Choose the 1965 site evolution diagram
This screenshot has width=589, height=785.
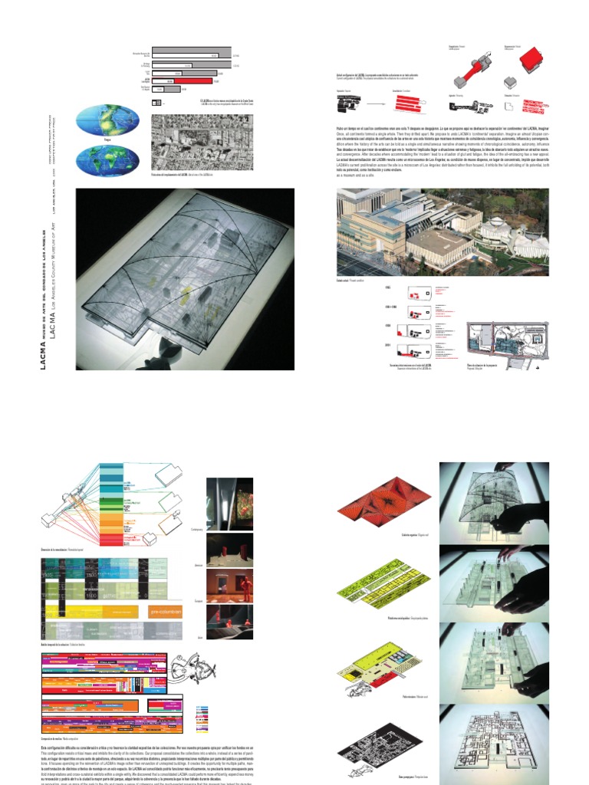point(415,292)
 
